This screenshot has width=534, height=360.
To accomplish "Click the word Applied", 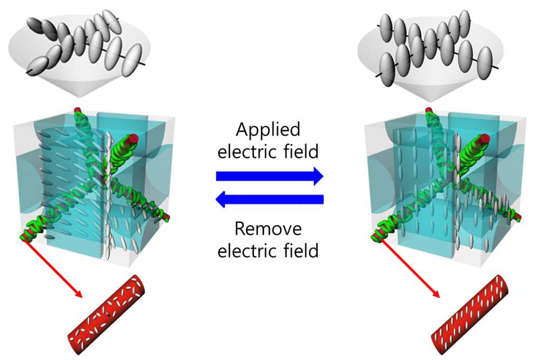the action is tap(268, 130).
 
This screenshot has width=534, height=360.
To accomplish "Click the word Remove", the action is tap(268, 228).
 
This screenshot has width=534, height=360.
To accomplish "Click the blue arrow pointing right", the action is tap(270, 176).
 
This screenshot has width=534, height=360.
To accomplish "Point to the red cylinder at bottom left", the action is tap(107, 315).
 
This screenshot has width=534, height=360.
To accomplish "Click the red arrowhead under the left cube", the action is tap(78, 293).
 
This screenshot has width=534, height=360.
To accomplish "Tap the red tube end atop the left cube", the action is tap(78, 110).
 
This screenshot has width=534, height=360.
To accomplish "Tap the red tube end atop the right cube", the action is tap(428, 110).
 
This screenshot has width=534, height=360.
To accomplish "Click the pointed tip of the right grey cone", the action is tap(430, 101).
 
